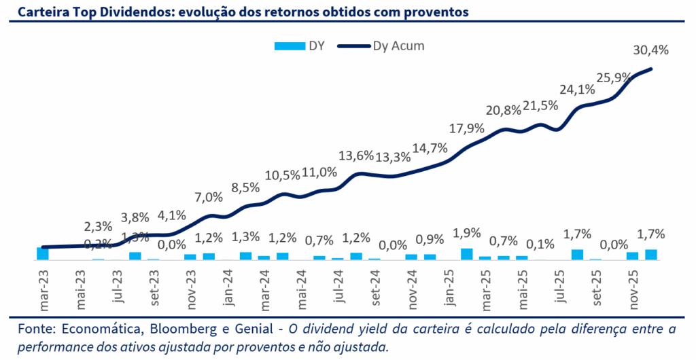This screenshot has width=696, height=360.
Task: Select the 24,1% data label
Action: pyautogui.click(x=577, y=89)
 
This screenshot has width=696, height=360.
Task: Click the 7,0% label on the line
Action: pyautogui.click(x=209, y=198)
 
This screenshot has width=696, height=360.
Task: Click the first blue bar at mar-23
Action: pyautogui.click(x=43, y=253)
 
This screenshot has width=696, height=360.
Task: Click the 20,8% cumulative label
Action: pyautogui.click(x=504, y=110)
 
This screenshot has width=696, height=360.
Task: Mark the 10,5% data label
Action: pyautogui.click(x=282, y=175)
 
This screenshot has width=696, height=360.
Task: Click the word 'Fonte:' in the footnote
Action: pyautogui.click(x=30, y=330)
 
